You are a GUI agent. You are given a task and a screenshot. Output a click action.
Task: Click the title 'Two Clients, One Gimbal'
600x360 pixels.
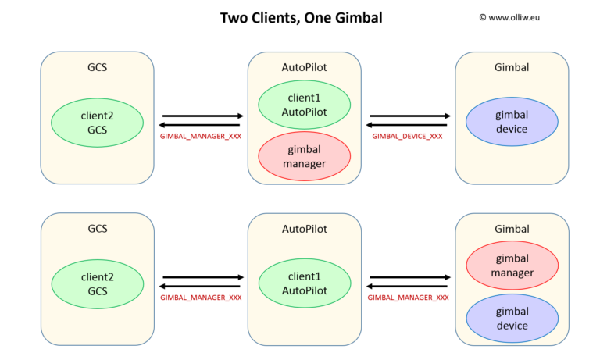pos(301,17)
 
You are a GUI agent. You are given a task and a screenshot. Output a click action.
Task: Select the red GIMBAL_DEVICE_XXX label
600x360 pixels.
pos(407,136)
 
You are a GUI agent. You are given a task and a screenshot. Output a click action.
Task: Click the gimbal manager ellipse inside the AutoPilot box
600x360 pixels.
pos(304,156)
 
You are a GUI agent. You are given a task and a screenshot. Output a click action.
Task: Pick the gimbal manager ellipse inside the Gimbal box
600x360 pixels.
pos(511,266)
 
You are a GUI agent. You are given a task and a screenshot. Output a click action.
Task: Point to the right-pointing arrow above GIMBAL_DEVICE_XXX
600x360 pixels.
pos(408,116)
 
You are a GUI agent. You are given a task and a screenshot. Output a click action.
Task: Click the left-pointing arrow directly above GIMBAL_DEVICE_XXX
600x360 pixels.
pos(408,125)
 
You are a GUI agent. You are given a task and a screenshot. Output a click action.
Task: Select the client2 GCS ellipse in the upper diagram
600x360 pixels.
pos(97,123)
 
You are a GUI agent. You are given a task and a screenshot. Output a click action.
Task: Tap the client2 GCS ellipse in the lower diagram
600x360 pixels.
pos(97,283)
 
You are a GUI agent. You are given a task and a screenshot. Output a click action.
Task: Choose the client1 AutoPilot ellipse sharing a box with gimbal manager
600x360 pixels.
pos(304,106)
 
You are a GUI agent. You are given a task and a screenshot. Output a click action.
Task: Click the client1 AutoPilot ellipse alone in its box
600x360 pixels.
pos(304,283)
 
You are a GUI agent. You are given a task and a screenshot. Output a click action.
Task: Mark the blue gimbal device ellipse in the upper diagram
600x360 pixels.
pos(511,123)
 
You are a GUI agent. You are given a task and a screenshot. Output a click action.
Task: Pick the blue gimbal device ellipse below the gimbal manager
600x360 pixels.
pos(511,319)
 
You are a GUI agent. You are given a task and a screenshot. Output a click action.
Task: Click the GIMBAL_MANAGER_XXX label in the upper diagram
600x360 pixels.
pos(201,136)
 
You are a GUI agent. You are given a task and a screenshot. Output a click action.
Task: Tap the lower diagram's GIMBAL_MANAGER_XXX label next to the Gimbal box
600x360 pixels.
pos(408,298)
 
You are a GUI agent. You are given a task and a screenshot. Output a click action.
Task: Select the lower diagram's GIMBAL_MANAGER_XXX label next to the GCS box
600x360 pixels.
pos(201,298)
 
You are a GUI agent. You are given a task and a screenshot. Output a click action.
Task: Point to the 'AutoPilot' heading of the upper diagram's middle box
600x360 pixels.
pos(304,67)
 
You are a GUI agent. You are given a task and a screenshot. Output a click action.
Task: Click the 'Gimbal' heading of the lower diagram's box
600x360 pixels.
pos(512,229)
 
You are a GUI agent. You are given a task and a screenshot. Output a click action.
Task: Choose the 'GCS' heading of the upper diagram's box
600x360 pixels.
pos(97,67)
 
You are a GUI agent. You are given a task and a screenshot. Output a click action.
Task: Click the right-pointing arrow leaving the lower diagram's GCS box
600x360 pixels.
pos(201,277)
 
